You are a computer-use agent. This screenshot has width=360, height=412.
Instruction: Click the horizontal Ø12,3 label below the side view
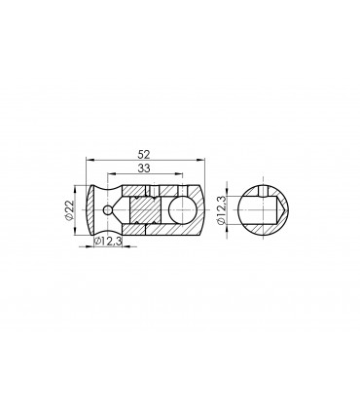[109, 242]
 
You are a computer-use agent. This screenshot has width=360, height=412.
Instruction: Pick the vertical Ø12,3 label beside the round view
[223, 208]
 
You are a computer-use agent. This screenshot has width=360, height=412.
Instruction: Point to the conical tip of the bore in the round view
[282, 208]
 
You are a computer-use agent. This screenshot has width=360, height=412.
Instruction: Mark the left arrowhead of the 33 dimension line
[123, 175]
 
